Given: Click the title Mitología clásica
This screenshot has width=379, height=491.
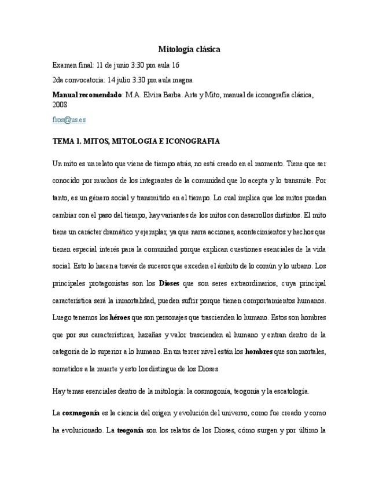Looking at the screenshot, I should coord(189,50).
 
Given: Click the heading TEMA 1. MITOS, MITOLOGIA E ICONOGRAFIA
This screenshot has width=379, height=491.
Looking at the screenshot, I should coord(135,141).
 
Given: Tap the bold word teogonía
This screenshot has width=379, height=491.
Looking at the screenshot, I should coord(130,431).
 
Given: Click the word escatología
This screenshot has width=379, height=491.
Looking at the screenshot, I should coord(288,391).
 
